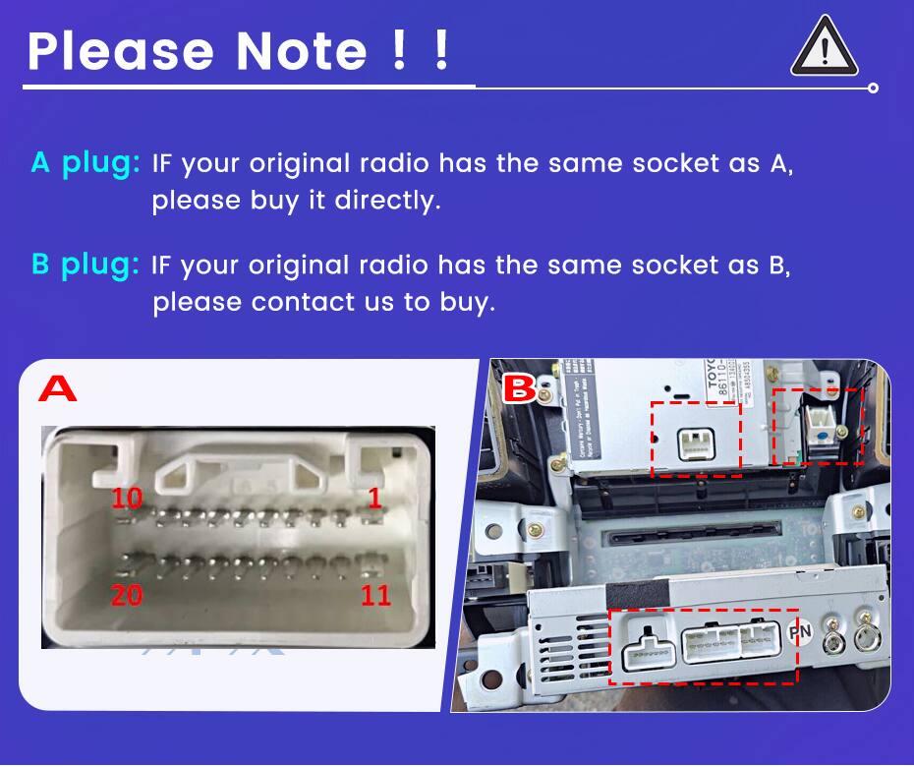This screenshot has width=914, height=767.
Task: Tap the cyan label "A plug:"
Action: pyautogui.click(x=86, y=162)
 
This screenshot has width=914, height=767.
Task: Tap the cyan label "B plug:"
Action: pyautogui.click(x=86, y=265)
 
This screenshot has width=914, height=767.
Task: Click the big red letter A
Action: pyautogui.click(x=58, y=389)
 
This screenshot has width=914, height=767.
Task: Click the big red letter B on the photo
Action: pyautogui.click(x=520, y=390)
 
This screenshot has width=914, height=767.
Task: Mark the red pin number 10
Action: pyautogui.click(x=127, y=498)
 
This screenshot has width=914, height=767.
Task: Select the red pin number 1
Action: pyautogui.click(x=374, y=498)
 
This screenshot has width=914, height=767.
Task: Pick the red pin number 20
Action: pyautogui.click(x=127, y=596)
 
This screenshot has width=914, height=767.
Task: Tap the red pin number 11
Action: pyautogui.click(x=375, y=596)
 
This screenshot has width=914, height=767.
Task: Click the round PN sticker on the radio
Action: pyautogui.click(x=800, y=631)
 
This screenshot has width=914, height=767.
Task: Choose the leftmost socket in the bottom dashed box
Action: pyautogui.click(x=648, y=650)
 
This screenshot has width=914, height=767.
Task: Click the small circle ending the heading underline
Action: pyautogui.click(x=873, y=88)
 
